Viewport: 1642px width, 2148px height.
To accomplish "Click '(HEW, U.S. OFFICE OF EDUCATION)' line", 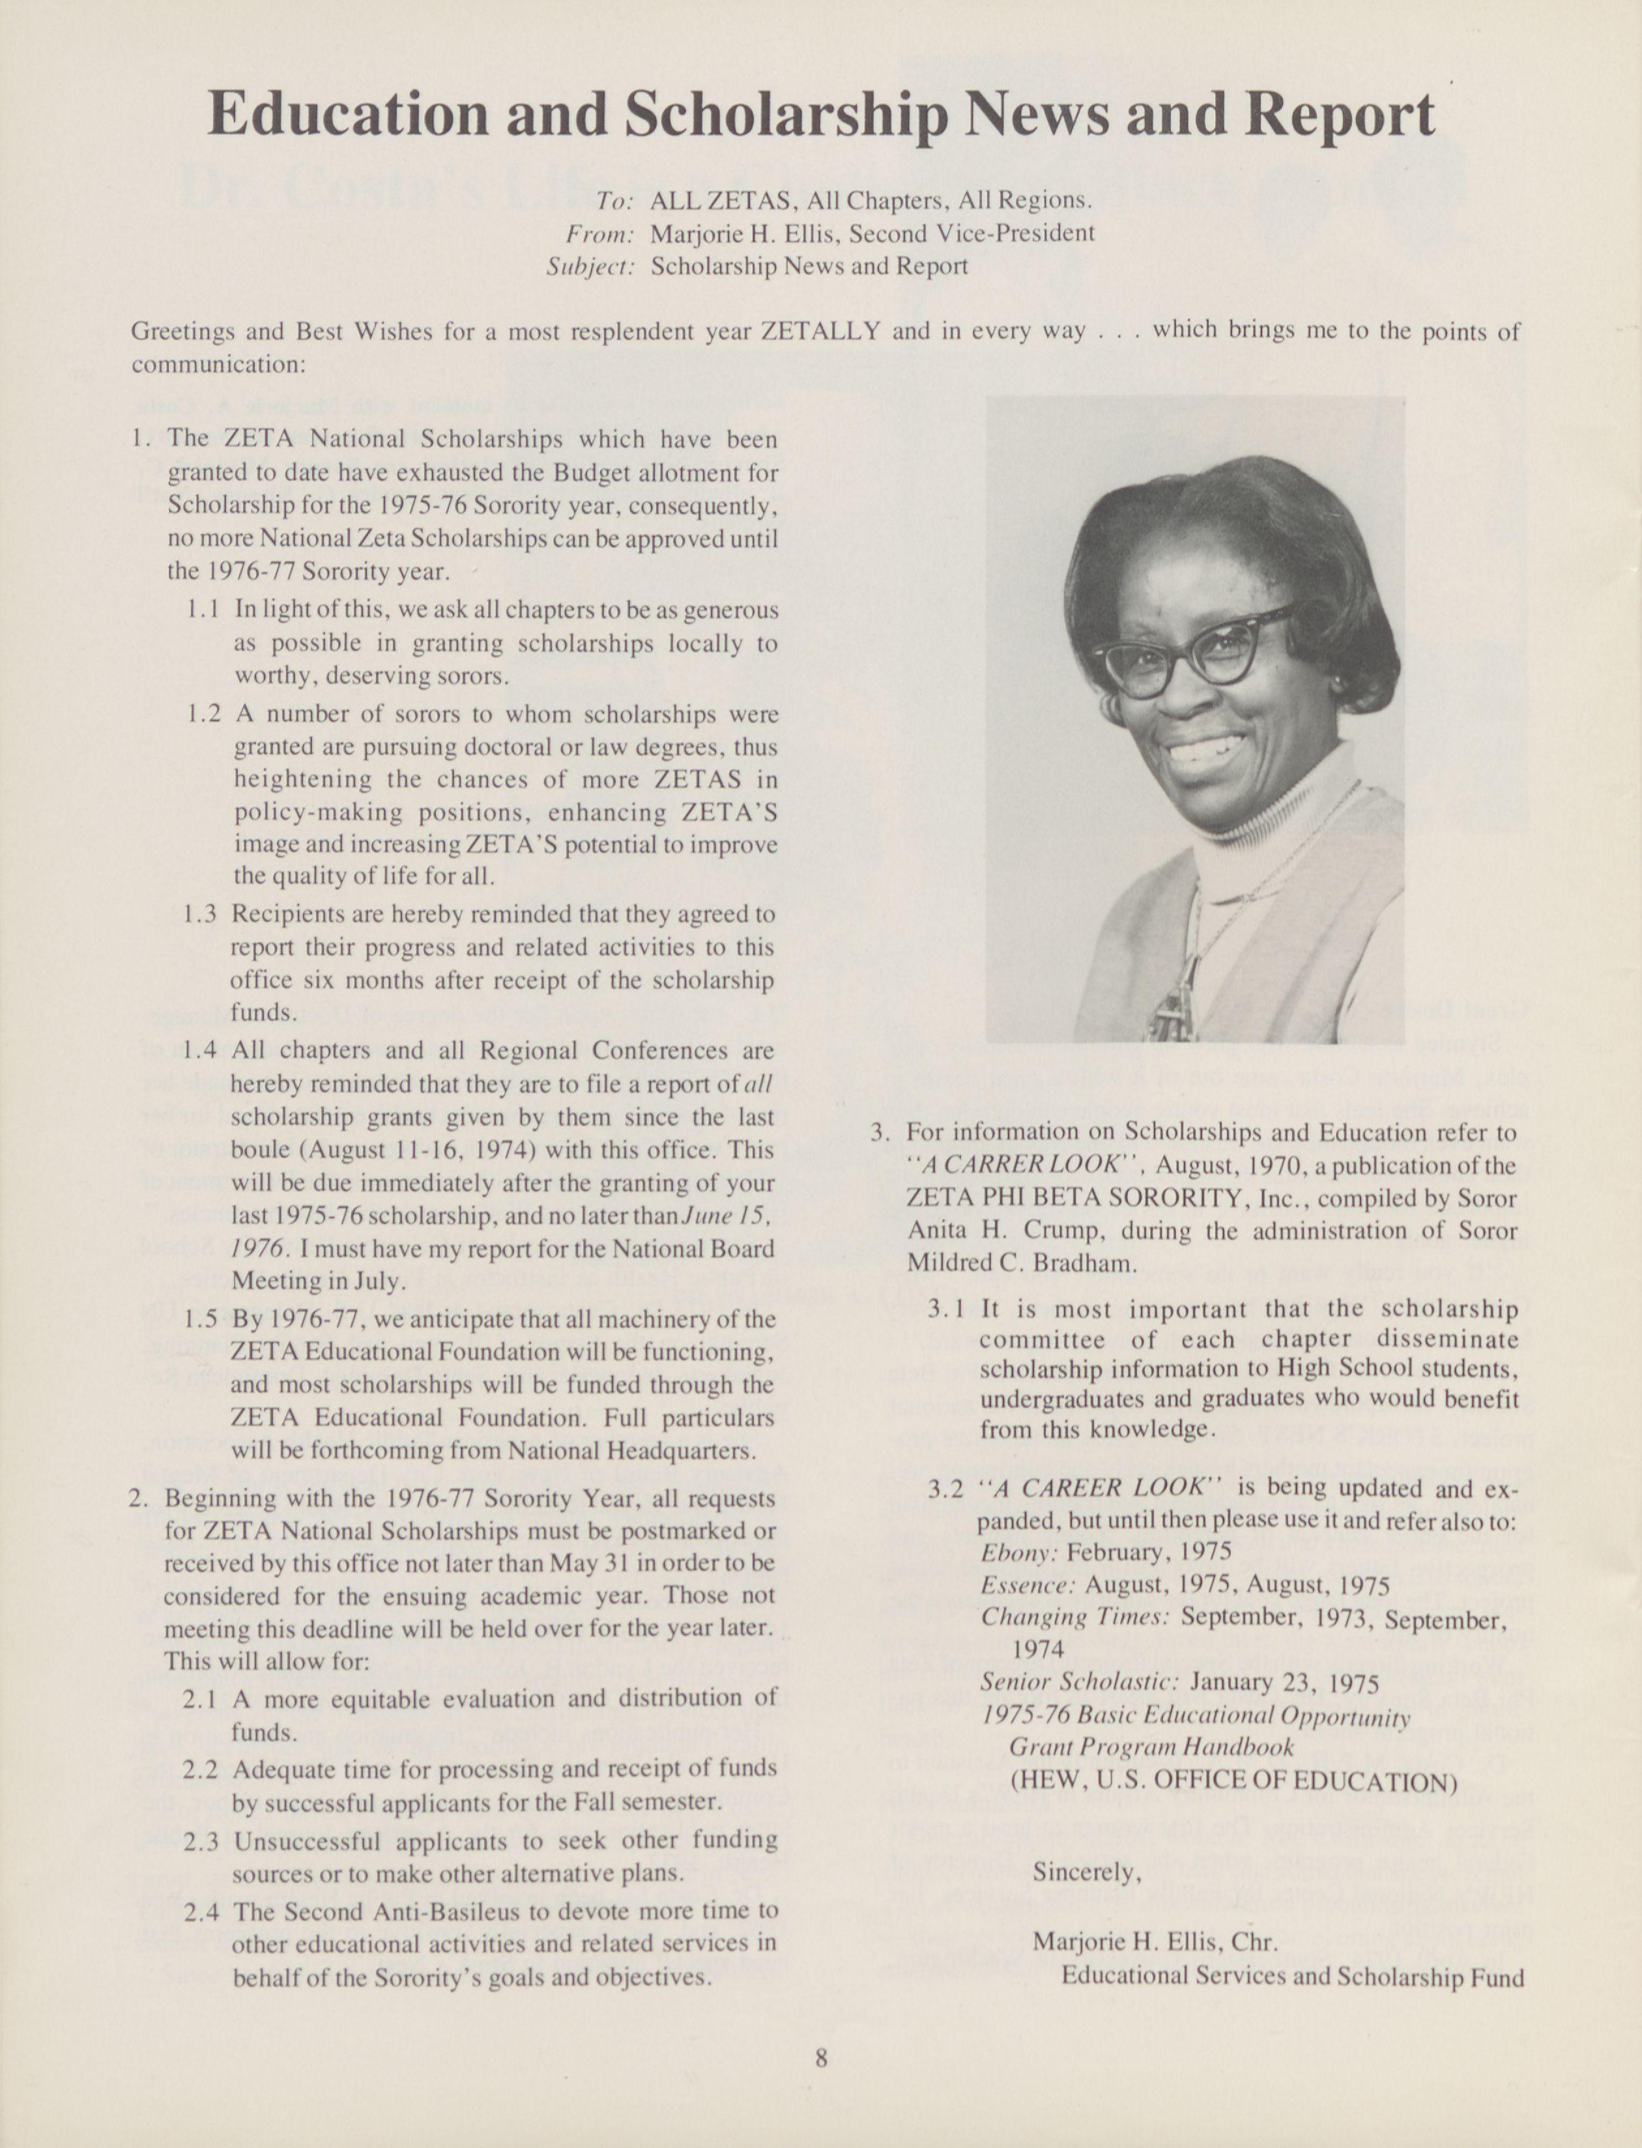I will point(1233,1781).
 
